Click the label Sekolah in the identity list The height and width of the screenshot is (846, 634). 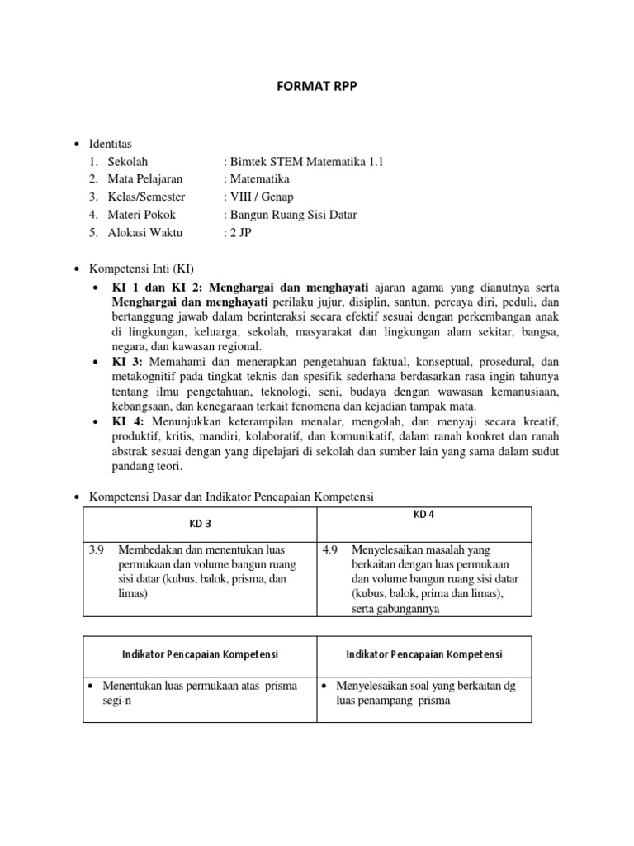(x=127, y=162)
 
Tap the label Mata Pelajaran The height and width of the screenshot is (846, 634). (x=145, y=179)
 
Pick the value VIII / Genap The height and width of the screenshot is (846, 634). (x=260, y=197)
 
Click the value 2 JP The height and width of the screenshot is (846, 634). (x=239, y=233)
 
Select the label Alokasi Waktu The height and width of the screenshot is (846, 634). (x=144, y=233)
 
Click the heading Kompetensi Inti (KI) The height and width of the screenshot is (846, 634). (x=144, y=269)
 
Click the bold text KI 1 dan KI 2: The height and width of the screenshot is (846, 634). (x=158, y=288)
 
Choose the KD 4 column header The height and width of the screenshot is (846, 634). (x=424, y=516)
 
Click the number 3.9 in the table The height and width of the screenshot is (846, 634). (x=96, y=550)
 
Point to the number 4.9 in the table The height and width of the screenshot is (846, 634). (x=330, y=550)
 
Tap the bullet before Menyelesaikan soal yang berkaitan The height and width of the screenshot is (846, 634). (x=325, y=687)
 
